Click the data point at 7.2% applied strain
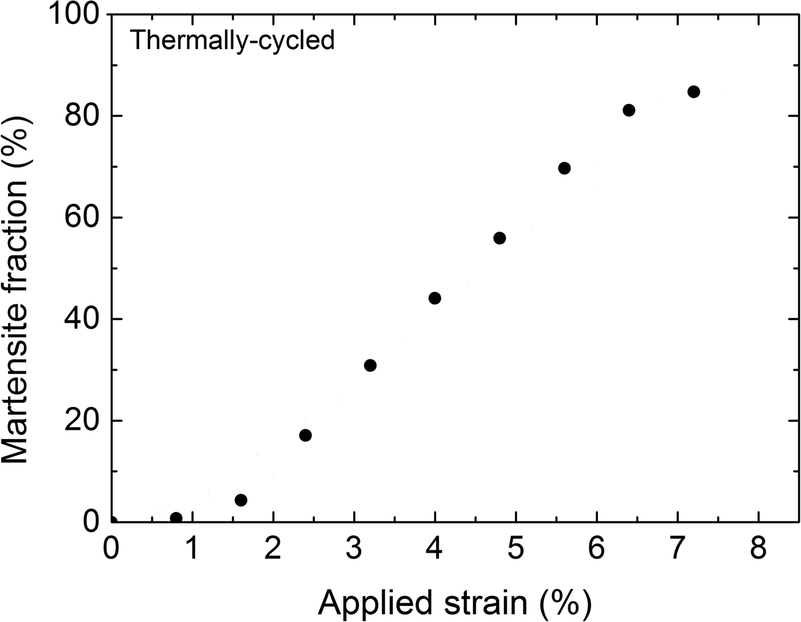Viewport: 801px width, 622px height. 693,92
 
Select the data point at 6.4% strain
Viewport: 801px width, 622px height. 629,110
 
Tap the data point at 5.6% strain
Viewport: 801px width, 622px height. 564,168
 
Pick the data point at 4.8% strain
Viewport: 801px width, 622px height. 499,238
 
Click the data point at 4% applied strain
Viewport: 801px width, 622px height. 435,298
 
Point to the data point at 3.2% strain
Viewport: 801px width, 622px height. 370,366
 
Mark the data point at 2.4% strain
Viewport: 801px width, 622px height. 306,435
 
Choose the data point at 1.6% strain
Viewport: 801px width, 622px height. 241,500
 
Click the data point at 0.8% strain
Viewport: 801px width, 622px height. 176,518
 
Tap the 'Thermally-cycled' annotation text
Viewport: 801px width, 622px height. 232,41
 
